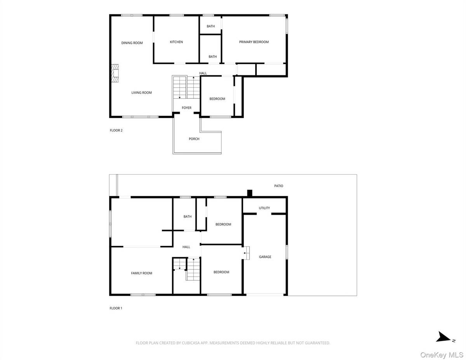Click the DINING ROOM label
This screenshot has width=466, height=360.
(132, 43)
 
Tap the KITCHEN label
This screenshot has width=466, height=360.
(176, 42)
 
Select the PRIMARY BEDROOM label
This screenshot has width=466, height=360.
(254, 42)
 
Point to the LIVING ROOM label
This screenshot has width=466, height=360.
(141, 93)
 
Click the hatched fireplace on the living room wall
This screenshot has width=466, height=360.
(115, 74)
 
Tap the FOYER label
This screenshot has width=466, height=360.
(186, 108)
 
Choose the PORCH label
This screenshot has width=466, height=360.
(194, 139)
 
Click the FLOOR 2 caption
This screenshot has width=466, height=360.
(116, 130)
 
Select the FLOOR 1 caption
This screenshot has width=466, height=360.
(116, 308)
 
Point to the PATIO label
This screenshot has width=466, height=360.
(278, 186)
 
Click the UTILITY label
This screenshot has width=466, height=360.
(264, 208)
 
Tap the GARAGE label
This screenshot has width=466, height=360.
(265, 257)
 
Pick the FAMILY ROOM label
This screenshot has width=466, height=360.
(141, 273)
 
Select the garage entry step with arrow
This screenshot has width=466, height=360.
(246, 253)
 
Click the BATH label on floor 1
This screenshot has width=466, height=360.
(188, 217)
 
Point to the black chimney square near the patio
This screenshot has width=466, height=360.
(250, 193)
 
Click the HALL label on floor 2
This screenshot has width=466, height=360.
(203, 73)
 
